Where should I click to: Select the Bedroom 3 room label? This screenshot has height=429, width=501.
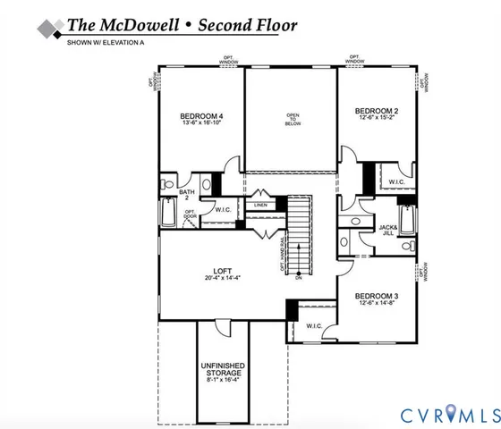point(376,296)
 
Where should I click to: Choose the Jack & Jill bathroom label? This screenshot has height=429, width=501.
point(388,231)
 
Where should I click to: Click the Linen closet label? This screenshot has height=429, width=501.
point(260,206)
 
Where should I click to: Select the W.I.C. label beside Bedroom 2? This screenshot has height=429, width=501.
point(396,181)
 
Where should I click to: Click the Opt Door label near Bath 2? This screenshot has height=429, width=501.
point(190,214)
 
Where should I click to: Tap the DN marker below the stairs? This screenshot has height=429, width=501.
point(299,280)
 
